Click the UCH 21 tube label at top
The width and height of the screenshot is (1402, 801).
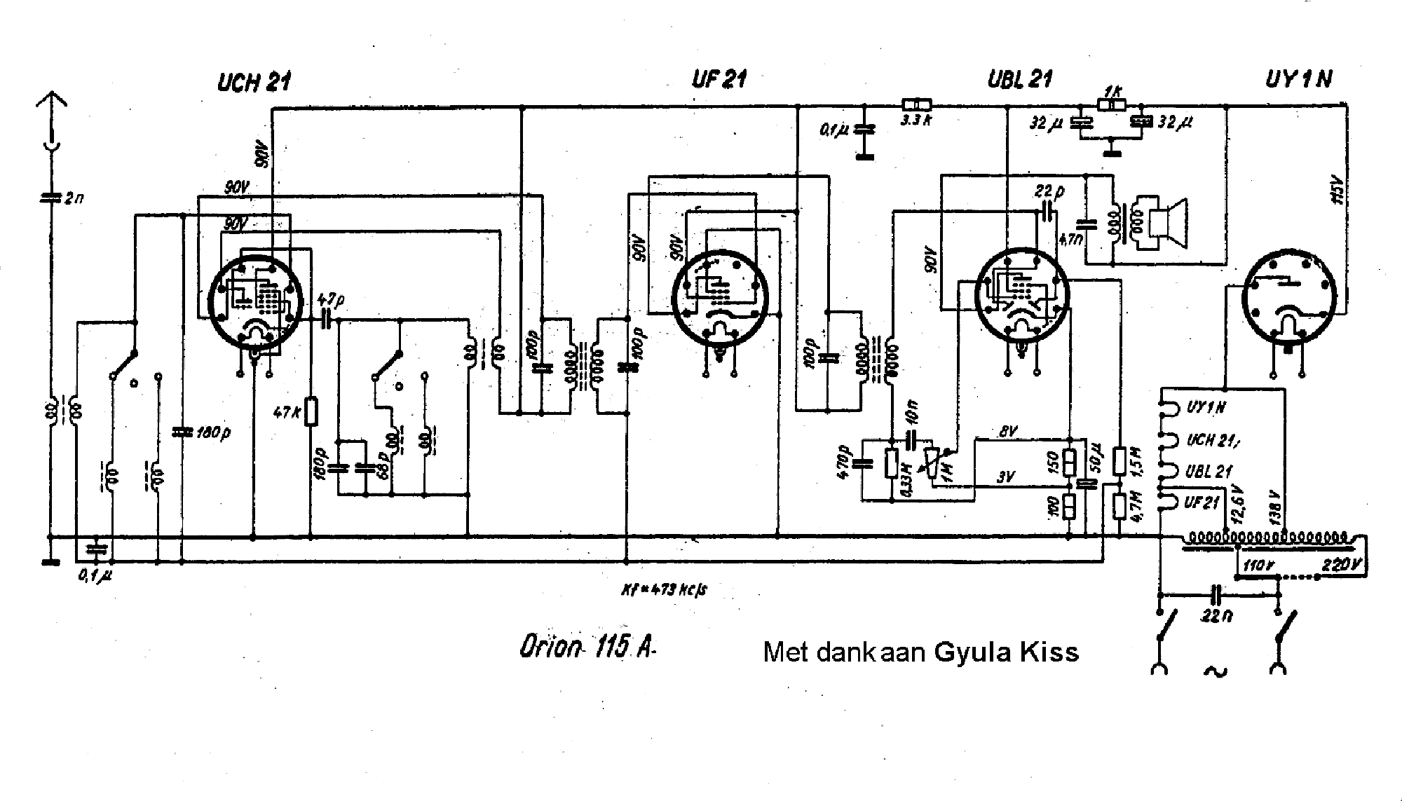254,83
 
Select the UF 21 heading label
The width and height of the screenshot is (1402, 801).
719,79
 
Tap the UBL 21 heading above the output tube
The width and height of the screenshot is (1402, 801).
1019,79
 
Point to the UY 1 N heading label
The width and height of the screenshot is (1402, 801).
1298,79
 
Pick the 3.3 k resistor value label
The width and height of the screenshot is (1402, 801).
916,120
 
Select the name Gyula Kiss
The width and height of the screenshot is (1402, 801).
1006,652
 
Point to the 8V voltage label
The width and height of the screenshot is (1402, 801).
1007,433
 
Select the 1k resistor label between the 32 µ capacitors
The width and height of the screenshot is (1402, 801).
1111,92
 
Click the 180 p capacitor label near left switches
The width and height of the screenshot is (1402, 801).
213,432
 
